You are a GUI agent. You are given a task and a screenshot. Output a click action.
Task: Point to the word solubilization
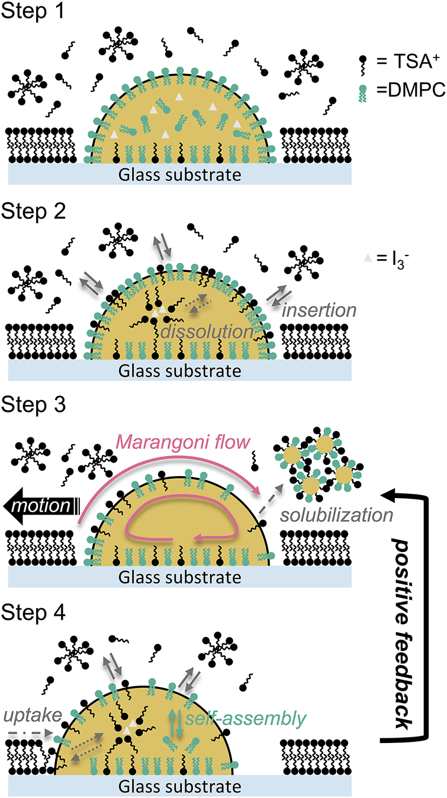click(337, 514)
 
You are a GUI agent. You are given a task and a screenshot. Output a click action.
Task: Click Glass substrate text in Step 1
click(181, 175)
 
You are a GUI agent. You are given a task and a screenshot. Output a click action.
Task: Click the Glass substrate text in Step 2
click(181, 371)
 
